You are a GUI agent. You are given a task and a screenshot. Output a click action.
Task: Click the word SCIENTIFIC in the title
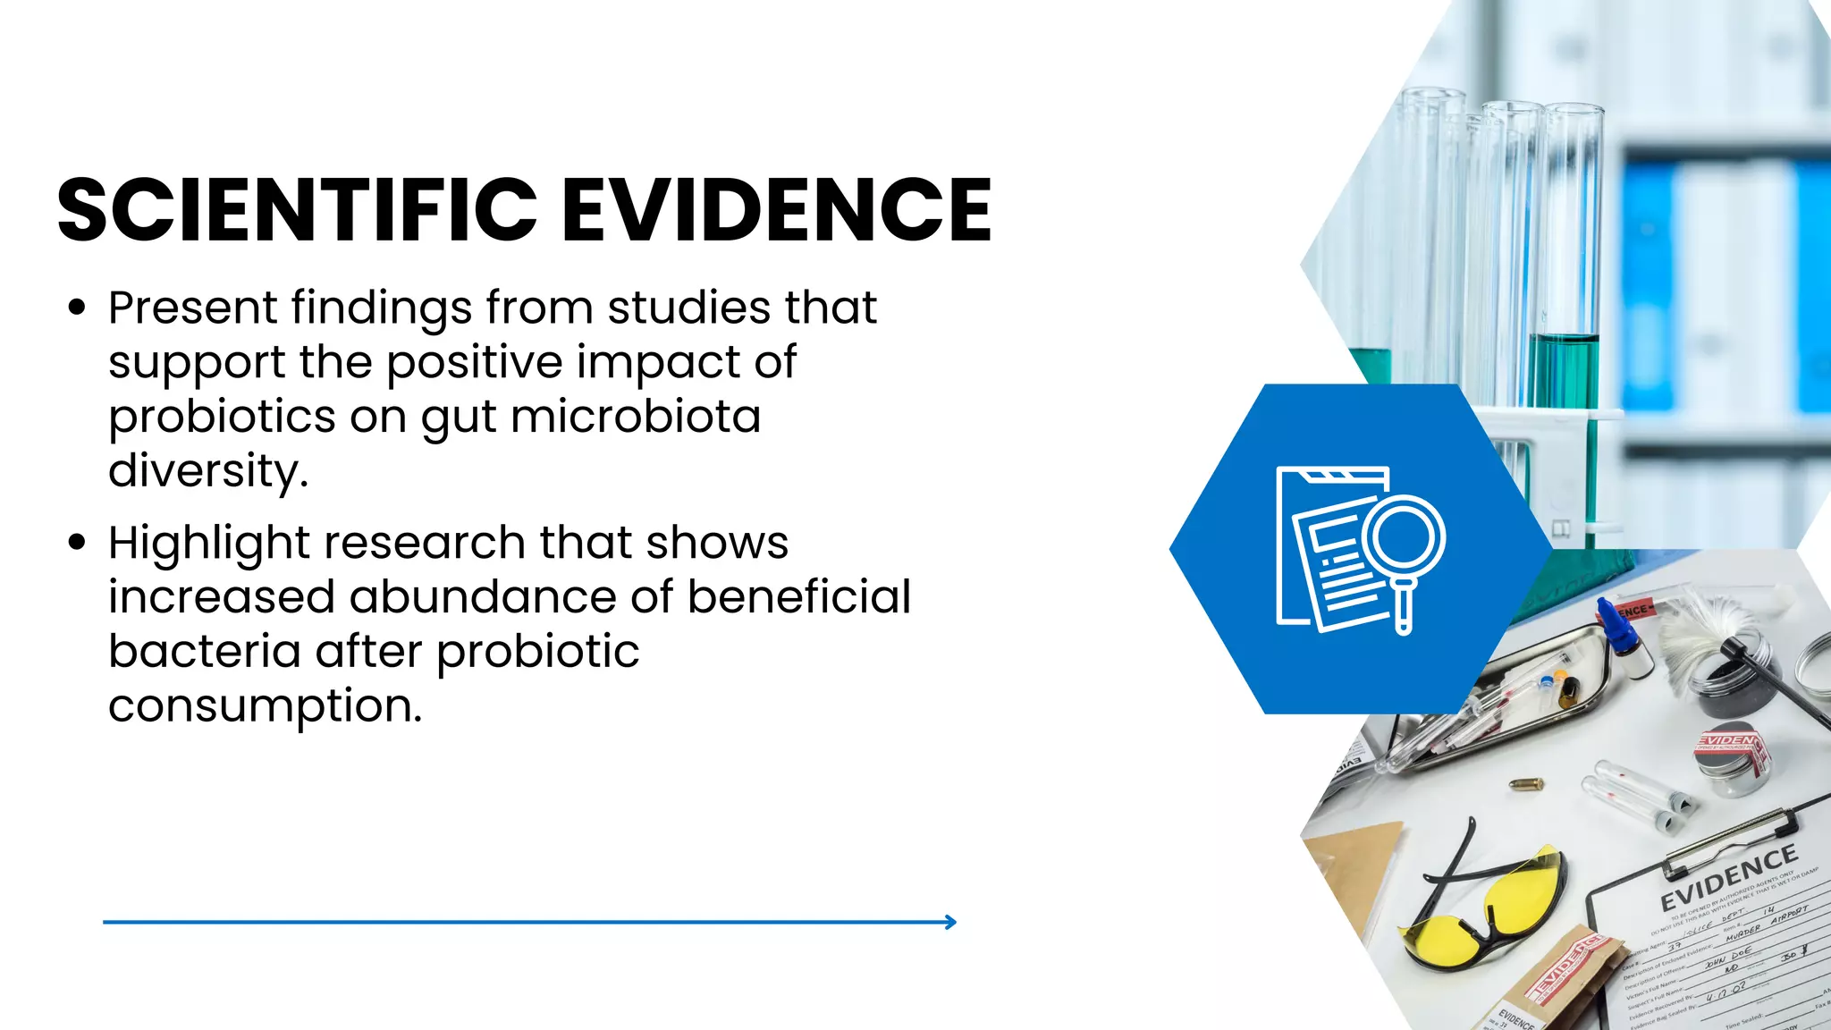[x=297, y=210]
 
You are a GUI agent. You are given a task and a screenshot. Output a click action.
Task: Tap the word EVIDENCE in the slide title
[x=776, y=210]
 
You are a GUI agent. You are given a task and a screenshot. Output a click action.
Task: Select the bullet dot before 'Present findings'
[x=77, y=308]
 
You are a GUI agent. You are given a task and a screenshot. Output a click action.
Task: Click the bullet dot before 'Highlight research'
[x=77, y=543]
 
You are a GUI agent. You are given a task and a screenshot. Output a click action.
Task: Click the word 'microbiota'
[x=636, y=417]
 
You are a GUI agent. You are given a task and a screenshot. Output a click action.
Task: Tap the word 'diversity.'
[x=208, y=471]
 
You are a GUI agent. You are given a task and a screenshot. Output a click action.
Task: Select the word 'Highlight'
[x=208, y=544]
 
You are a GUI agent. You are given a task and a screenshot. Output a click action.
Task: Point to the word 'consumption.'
[x=265, y=706]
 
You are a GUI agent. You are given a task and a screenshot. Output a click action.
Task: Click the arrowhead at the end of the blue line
[x=951, y=922]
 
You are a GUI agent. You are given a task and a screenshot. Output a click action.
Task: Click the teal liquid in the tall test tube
[x=1564, y=376]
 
